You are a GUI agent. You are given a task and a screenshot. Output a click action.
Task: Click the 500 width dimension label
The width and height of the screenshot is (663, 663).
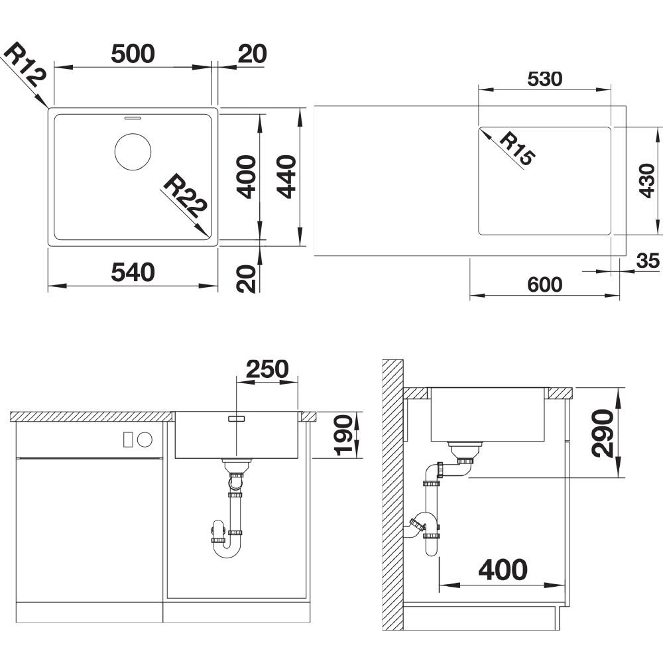click(133, 54)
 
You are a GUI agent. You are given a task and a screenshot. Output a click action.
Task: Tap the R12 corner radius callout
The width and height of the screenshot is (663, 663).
click(25, 64)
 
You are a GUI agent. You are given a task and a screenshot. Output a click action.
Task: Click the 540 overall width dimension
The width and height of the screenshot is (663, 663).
click(133, 272)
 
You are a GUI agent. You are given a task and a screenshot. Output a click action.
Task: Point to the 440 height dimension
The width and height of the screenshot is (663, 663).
click(286, 177)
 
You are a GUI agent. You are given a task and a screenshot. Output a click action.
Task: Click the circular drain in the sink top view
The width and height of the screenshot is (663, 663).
click(133, 152)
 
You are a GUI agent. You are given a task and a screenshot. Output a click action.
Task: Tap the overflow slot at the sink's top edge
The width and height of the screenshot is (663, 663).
click(133, 117)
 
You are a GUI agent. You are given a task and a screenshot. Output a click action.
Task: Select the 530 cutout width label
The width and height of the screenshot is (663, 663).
click(544, 79)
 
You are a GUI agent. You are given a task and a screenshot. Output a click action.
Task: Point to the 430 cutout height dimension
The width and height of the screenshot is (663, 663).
click(647, 181)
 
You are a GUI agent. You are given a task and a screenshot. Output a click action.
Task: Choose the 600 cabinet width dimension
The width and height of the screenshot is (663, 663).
click(544, 284)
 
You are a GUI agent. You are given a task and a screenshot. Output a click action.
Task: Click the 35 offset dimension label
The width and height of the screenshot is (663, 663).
click(648, 261)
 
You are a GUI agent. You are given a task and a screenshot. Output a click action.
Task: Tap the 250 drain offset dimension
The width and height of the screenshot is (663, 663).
click(267, 369)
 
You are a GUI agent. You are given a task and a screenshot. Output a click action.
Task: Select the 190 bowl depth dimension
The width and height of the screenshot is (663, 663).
click(343, 436)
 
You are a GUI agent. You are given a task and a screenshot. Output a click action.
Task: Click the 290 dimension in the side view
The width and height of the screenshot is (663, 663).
click(603, 434)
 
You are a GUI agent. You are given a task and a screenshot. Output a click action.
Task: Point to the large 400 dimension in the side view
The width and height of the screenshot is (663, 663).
click(503, 570)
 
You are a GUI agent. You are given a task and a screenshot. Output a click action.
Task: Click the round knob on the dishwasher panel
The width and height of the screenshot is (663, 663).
click(144, 440)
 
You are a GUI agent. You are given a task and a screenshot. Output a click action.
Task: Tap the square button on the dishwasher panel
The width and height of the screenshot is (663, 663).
click(129, 440)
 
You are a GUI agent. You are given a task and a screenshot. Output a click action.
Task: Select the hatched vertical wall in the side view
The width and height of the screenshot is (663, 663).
click(392, 495)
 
